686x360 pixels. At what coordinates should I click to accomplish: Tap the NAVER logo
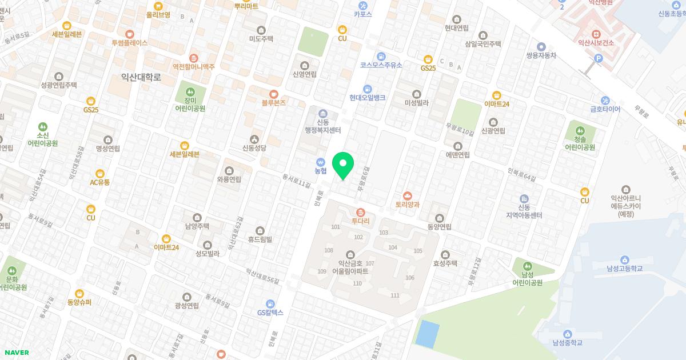[x=15, y=353]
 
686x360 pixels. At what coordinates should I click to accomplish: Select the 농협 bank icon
[x=321, y=161]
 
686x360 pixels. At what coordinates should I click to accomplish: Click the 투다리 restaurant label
[x=360, y=220]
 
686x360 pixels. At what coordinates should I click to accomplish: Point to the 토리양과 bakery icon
[x=408, y=195]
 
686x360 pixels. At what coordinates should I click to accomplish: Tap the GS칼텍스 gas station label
[x=270, y=313]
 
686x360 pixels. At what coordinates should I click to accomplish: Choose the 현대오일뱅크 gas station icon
[x=368, y=89]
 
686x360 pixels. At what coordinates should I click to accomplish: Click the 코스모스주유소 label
[x=381, y=65]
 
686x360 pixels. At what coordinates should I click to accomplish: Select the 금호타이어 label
[x=605, y=109]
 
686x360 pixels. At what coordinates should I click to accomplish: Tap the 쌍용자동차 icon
[x=541, y=46]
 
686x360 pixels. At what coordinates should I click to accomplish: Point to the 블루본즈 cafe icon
[x=274, y=94]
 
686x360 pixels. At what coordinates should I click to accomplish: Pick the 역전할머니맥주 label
[x=194, y=66]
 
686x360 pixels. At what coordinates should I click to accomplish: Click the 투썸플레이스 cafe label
[x=130, y=43]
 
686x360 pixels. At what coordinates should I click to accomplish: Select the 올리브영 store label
[x=158, y=15]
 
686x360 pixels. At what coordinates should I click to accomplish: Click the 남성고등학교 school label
[x=625, y=268]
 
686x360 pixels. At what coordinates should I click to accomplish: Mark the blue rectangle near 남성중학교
[x=427, y=333]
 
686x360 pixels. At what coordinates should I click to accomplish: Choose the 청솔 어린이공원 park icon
[x=580, y=131]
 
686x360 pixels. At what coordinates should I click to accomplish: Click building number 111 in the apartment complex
[x=394, y=295]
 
